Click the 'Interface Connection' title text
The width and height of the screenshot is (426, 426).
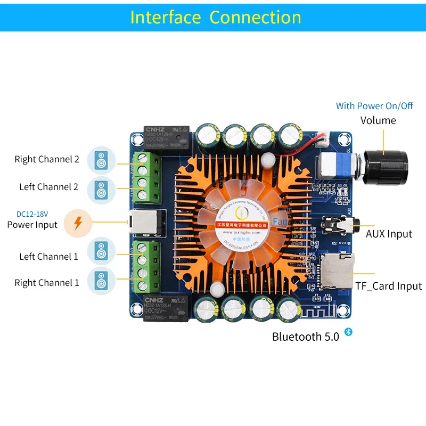pyautogui.click(x=216, y=17)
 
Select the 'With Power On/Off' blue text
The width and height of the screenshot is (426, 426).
pyautogui.click(x=374, y=106)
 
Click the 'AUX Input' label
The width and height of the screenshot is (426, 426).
pyautogui.click(x=389, y=234)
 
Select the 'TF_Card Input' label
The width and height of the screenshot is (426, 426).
pyautogui.click(x=389, y=286)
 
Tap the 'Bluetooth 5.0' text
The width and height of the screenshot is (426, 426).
pyautogui.click(x=305, y=337)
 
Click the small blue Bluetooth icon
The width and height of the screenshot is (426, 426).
pyautogui.click(x=349, y=332)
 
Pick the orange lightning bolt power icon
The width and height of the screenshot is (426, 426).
pyautogui.click(x=78, y=223)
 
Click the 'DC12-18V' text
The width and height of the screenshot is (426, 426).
pyautogui.click(x=32, y=214)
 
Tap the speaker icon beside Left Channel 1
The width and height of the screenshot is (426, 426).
pyautogui.click(x=101, y=251)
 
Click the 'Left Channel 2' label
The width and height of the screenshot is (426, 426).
pyautogui.click(x=49, y=187)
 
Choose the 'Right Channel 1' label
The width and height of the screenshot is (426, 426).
pyautogui.click(x=47, y=283)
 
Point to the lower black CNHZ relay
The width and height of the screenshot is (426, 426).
pyautogui.click(x=166, y=308)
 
